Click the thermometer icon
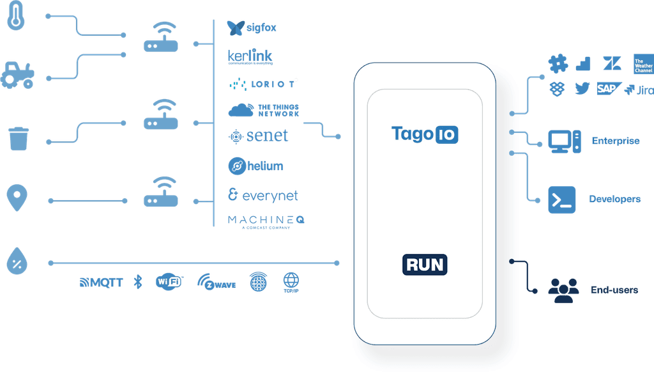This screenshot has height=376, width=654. click(x=16, y=16)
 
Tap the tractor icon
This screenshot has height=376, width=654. click(x=17, y=74)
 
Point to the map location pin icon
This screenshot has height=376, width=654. click(x=17, y=198)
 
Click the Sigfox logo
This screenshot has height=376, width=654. click(x=252, y=27)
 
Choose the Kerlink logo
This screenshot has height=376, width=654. click(x=250, y=57)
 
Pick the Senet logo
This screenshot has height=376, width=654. click(x=259, y=136)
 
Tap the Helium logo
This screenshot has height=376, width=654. click(x=255, y=166)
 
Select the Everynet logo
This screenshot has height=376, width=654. click(x=262, y=195)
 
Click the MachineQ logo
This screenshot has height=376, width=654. click(x=266, y=221)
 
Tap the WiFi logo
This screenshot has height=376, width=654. click(x=169, y=282)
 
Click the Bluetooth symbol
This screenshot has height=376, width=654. click(x=137, y=282)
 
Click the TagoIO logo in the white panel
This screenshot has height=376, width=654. click(x=425, y=134)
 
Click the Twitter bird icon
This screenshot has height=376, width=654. click(x=581, y=89)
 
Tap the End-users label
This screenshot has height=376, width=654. click(x=614, y=290)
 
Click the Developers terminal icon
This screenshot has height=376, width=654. click(x=562, y=200)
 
